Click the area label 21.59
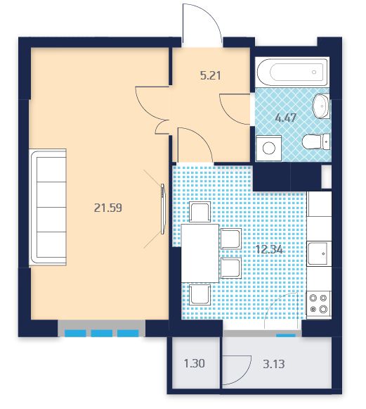[107, 208]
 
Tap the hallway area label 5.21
[210, 75]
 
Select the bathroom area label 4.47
[286, 118]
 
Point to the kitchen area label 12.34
[269, 250]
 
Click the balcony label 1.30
[194, 363]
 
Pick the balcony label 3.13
[273, 364]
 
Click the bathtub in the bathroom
[292, 72]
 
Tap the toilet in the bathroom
[316, 141]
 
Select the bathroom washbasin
[321, 106]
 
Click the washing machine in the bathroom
[268, 148]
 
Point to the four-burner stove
[319, 305]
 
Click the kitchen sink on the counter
[319, 253]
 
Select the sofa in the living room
[48, 208]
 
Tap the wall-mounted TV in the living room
[163, 209]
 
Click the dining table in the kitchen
[200, 253]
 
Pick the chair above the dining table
[200, 212]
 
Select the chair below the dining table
[200, 295]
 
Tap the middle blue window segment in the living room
[102, 334]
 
